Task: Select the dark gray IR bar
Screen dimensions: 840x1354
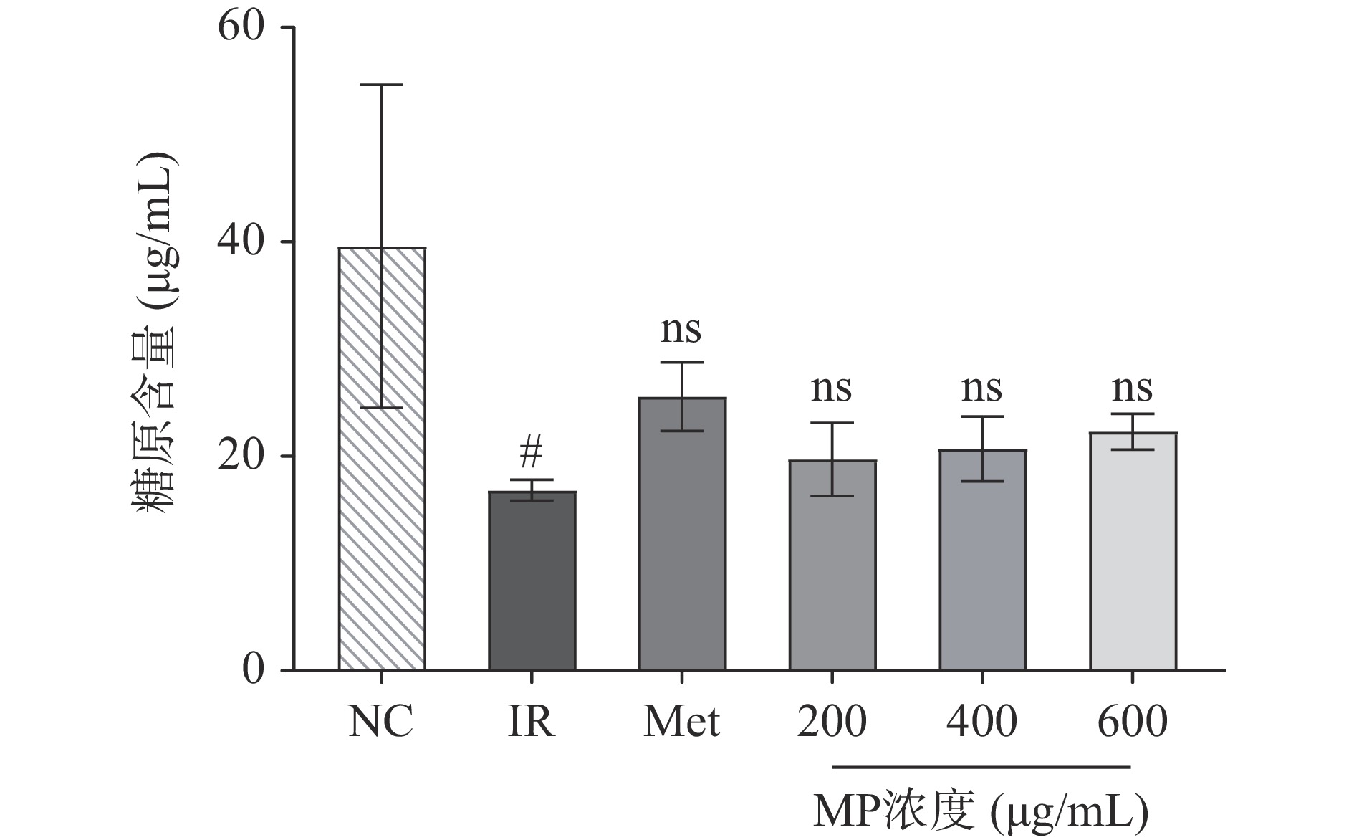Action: [x=532, y=581]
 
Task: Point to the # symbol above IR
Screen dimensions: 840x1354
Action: [x=532, y=452]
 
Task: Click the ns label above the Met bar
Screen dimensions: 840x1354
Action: [x=681, y=330]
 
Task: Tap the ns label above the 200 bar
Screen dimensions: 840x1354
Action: [x=832, y=389]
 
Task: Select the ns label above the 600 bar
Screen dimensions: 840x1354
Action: [x=1133, y=389]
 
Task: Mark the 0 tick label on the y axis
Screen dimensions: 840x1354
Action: [x=253, y=670]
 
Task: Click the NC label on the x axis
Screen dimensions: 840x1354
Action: [x=381, y=722]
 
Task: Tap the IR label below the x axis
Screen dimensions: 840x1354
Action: [x=532, y=722]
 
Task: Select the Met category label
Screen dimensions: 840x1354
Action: [x=682, y=722]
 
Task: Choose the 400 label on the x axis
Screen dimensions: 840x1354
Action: [x=982, y=722]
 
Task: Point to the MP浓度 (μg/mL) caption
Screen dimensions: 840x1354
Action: [x=981, y=811]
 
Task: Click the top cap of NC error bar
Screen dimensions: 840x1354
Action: [x=381, y=85]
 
